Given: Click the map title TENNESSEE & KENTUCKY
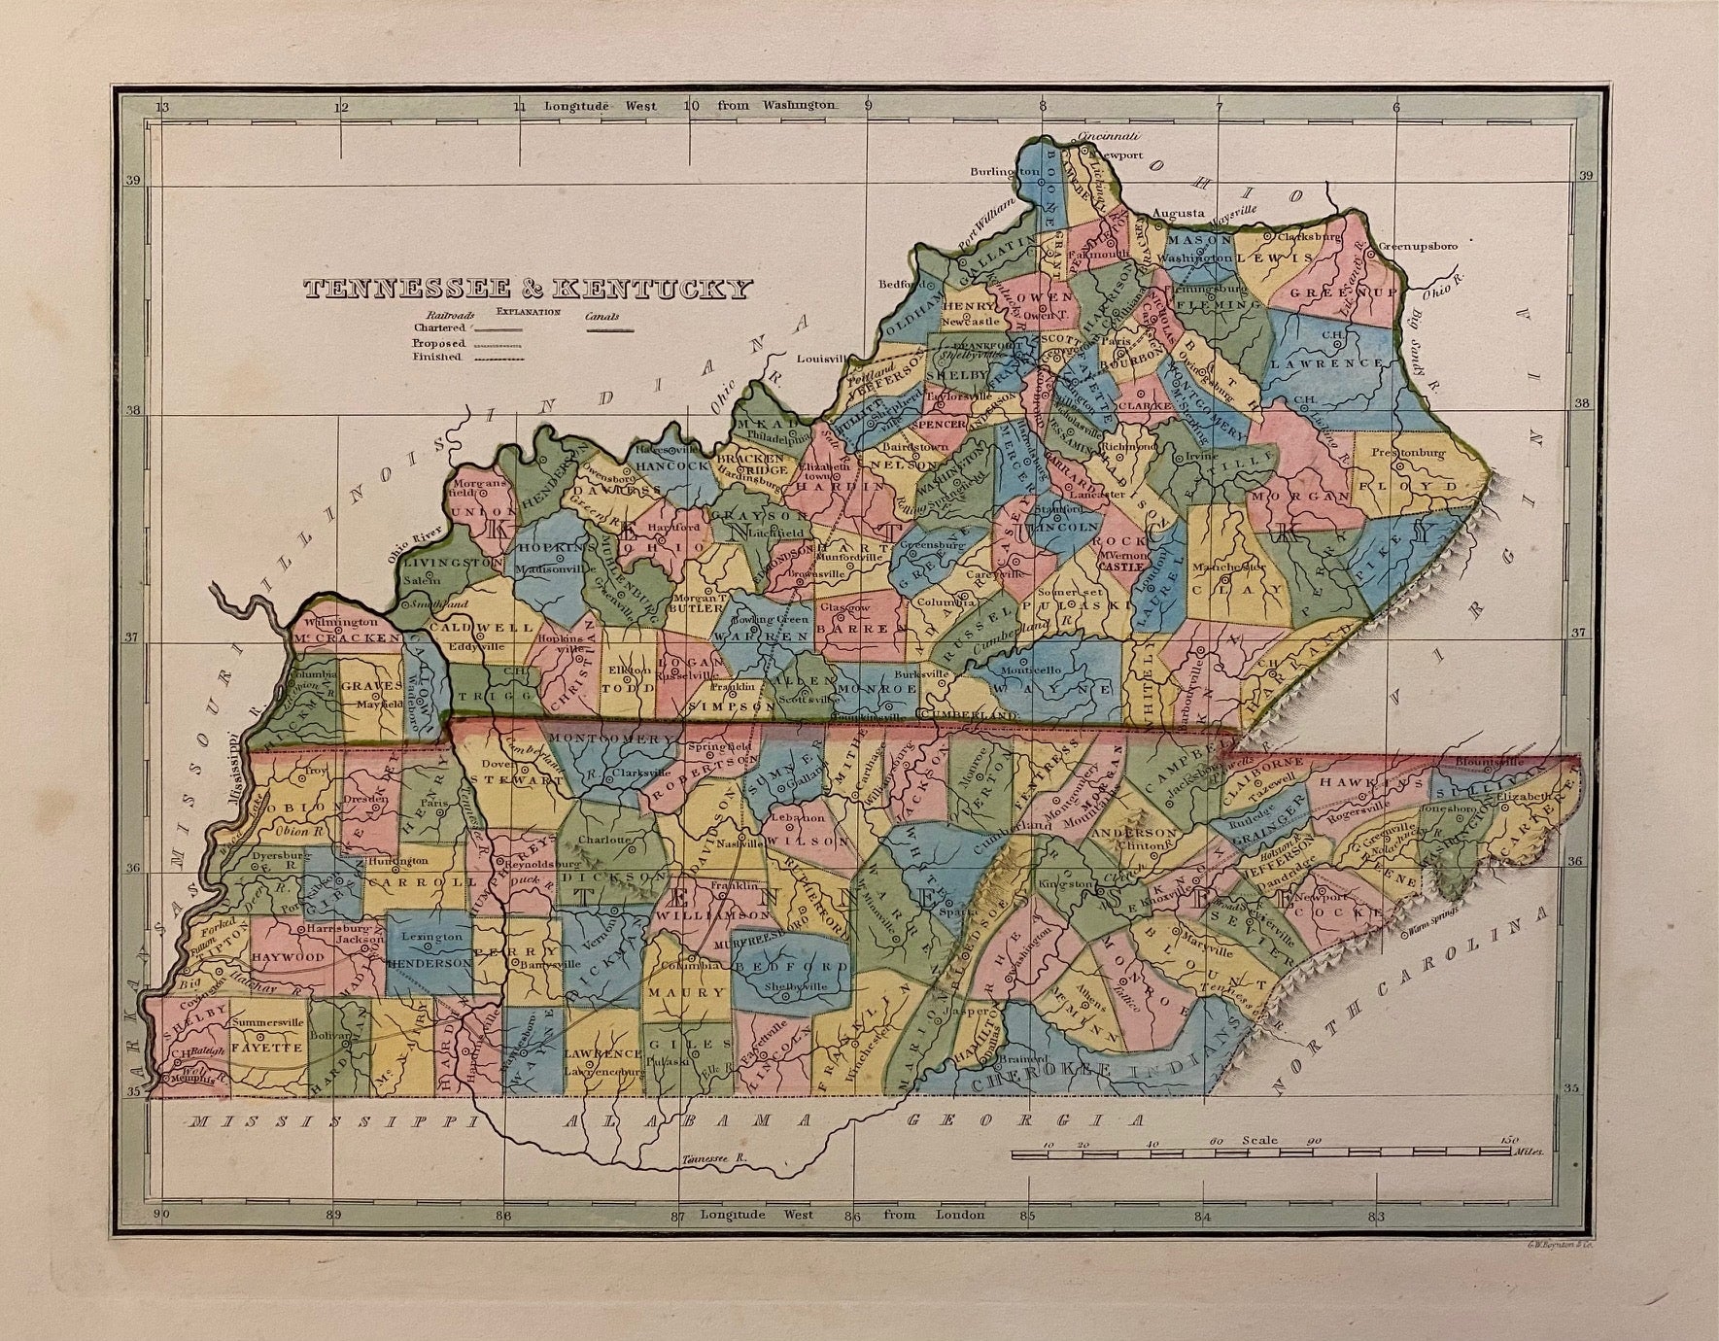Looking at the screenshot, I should tap(528, 289).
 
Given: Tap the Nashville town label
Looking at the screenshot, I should tap(752, 844).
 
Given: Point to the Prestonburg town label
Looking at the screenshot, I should tap(1408, 453).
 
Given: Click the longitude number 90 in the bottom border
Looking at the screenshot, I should tap(161, 1214).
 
